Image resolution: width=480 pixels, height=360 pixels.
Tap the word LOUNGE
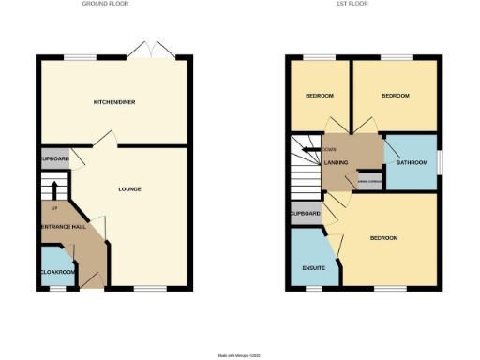coord(129,189)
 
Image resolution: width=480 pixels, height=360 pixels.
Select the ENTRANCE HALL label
coord(63,227)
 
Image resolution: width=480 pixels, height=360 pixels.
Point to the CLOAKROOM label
coord(57,271)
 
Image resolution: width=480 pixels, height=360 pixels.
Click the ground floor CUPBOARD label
coord(55,159)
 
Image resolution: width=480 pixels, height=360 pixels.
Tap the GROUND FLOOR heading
coord(105,4)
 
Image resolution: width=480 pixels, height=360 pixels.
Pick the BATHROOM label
coord(411,162)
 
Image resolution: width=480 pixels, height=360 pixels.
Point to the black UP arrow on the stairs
coord(53,187)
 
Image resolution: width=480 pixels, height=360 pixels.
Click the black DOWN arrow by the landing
coord(308,149)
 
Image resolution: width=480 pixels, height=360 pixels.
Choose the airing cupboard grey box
coord(369,182)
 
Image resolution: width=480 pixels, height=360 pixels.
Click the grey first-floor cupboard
coord(305,214)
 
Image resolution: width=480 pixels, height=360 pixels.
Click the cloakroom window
coord(56,288)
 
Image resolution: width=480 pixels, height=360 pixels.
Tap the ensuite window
coord(312,288)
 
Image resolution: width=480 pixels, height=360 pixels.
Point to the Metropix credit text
coord(239,355)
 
